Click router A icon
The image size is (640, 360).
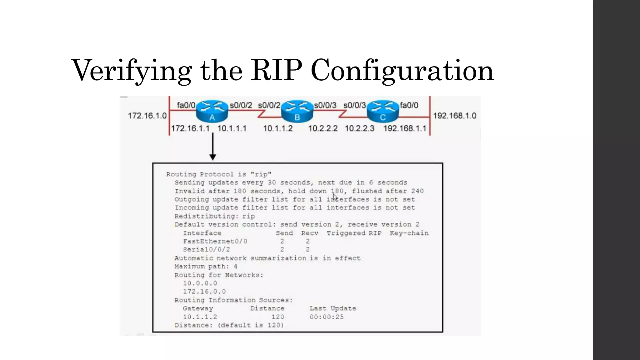pyautogui.click(x=212, y=111)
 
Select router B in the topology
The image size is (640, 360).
pyautogui.click(x=297, y=111)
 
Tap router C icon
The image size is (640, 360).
pyautogui.click(x=382, y=111)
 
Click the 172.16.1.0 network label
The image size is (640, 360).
pyautogui.click(x=147, y=116)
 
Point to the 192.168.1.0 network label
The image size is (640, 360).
pyautogui.click(x=454, y=116)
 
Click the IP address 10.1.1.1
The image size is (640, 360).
pyautogui.click(x=232, y=128)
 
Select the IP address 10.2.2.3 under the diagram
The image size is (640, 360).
pyautogui.click(x=359, y=128)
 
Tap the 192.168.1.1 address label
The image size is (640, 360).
pyautogui.click(x=405, y=128)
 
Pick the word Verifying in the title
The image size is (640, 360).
pyautogui.click(x=132, y=71)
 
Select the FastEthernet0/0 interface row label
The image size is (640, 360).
pyautogui.click(x=215, y=241)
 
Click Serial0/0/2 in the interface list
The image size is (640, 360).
pyautogui.click(x=206, y=249)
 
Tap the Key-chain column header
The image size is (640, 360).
pyautogui.click(x=409, y=233)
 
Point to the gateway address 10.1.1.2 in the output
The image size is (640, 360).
pyautogui.click(x=200, y=317)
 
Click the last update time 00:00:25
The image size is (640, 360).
pyautogui.click(x=327, y=317)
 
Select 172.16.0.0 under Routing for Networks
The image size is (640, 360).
pyautogui.click(x=204, y=292)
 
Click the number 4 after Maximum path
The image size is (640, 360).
pyautogui.click(x=235, y=267)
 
